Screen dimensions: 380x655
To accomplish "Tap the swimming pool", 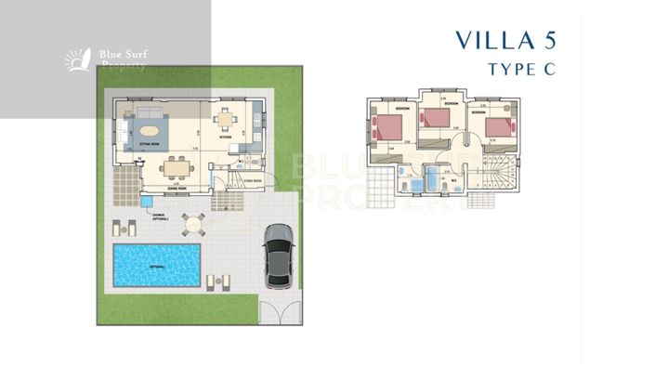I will (x=158, y=265).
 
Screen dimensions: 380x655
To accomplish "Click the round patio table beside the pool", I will (x=192, y=223).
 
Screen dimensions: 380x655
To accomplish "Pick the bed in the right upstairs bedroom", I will (x=499, y=126).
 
